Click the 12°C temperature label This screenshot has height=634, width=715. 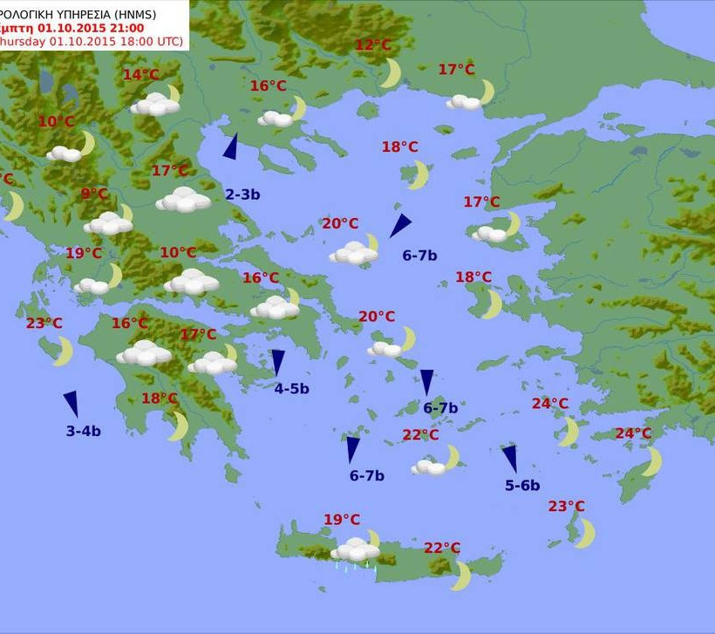coord(373,45)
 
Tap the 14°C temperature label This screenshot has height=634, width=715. coord(140,75)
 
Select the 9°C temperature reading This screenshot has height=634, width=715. coord(95,194)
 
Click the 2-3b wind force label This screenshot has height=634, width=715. coord(242,194)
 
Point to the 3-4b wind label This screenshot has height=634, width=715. coord(84,431)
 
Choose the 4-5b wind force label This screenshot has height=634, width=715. coord(291,389)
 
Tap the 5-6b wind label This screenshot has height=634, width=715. coord(522,486)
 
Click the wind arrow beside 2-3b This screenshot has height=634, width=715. coord(231,147)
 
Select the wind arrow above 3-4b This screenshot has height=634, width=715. coord(71,404)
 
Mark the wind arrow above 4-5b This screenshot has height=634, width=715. coord(278,362)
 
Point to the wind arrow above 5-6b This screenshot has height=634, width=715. coord(509,459)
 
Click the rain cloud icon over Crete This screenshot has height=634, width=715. coord(355,551)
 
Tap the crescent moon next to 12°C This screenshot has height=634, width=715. coord(391,73)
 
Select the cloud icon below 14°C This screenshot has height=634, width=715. coord(155,105)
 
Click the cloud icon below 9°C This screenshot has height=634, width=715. coord(109,222)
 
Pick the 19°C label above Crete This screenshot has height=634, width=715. coord(342,520)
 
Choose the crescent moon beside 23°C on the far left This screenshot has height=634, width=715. coord(63,351)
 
